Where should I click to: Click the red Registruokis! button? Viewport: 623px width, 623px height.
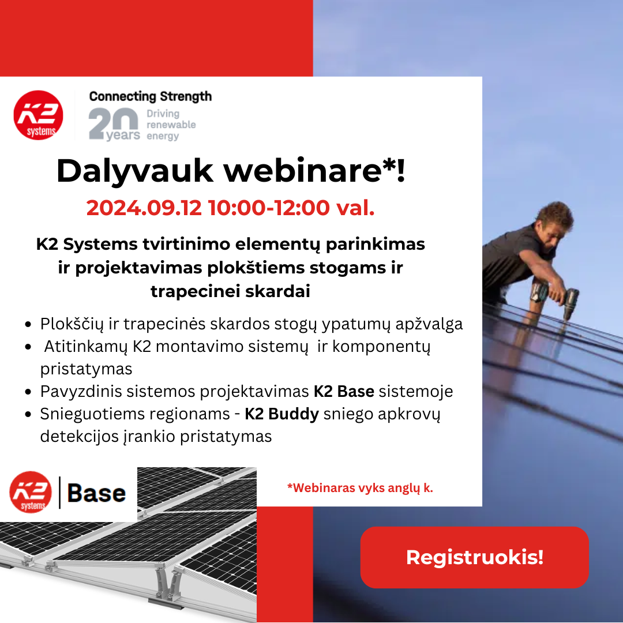point(474,557)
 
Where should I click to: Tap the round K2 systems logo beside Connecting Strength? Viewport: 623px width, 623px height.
point(38,115)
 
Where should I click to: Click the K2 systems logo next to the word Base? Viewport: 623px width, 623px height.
point(31,492)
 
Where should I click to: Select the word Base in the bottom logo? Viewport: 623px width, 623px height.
point(96,493)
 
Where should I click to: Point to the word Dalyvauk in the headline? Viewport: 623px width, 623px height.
point(135,171)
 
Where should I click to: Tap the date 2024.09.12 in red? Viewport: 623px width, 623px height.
point(144,208)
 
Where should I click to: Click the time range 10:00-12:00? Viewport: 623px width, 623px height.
point(269,208)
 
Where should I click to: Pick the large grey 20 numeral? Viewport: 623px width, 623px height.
point(113,123)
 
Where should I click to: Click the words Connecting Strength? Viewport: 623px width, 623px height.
point(151,96)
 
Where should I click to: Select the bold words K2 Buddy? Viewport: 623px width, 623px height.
point(282,414)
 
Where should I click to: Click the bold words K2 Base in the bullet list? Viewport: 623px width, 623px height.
point(344,391)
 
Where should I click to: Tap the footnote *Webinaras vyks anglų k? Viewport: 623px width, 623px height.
point(360,488)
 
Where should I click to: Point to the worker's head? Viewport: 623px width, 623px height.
point(555,223)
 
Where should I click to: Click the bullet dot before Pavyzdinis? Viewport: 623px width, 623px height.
point(28,392)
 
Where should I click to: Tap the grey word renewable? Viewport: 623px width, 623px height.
point(171,125)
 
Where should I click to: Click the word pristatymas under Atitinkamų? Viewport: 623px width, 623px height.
point(86,370)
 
